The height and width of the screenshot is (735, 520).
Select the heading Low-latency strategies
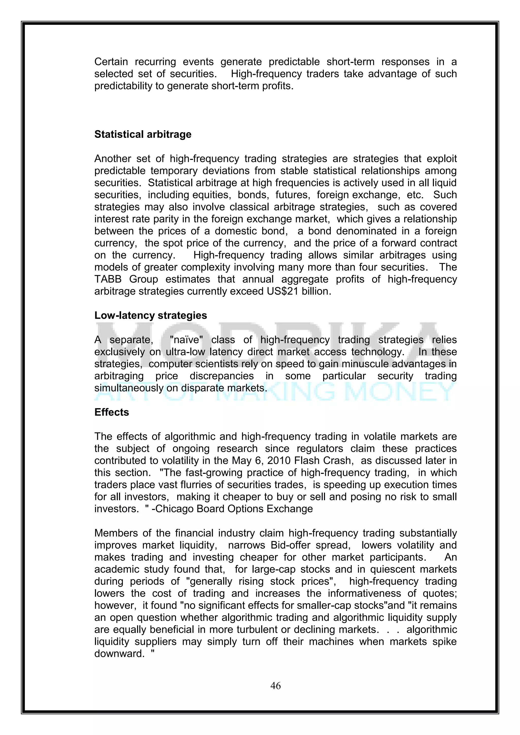151,315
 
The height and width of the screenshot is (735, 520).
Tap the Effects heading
111,412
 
